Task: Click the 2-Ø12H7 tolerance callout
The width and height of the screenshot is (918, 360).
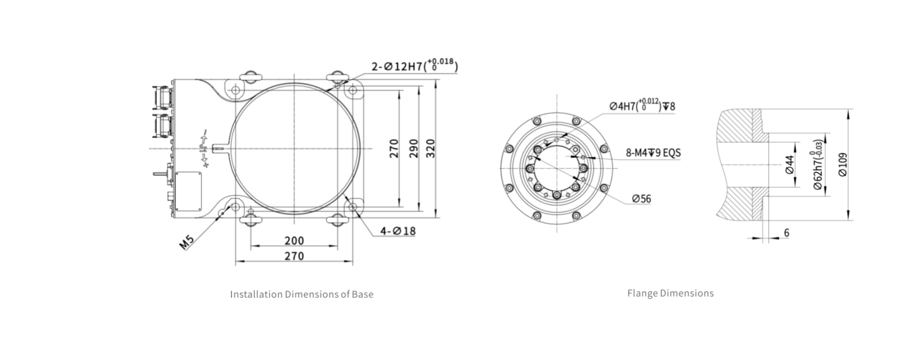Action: point(414,66)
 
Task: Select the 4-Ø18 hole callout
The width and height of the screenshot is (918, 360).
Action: point(398,231)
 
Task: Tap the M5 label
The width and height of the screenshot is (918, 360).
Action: point(187,242)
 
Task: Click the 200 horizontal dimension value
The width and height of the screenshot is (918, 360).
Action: point(294,240)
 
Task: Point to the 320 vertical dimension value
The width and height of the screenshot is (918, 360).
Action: point(430,149)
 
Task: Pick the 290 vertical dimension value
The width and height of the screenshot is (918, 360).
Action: point(413,149)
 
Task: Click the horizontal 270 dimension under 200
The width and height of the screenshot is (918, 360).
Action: point(294,256)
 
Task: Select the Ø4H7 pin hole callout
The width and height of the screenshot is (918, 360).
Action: point(642,106)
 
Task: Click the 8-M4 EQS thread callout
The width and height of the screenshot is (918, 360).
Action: point(653,153)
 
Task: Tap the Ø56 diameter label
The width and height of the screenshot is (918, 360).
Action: point(641,199)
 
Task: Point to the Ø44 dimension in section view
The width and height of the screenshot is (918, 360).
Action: point(790,165)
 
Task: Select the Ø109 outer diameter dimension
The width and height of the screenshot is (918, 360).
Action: point(843,164)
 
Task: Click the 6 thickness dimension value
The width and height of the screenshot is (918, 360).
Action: point(786,233)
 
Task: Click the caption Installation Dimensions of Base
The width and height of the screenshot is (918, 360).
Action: point(302,294)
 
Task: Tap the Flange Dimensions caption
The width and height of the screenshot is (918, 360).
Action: point(670,293)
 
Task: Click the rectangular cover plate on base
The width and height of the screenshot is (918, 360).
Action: point(188,191)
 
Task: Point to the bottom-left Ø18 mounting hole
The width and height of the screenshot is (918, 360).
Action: point(236,207)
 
